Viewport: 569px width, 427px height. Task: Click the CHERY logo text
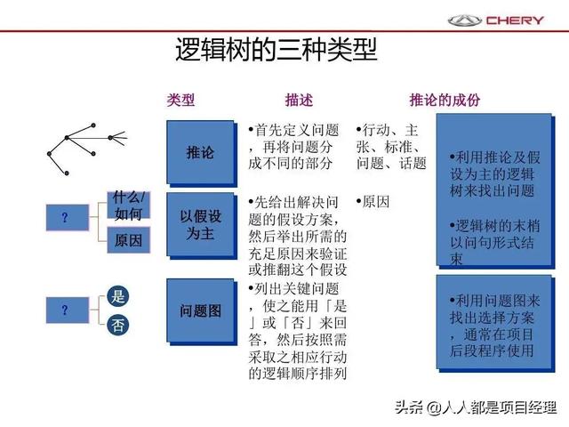[x=515, y=20]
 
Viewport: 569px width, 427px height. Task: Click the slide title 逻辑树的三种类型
[x=276, y=49]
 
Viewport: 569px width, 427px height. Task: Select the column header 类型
[x=180, y=100]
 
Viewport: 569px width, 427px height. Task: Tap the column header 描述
[x=299, y=100]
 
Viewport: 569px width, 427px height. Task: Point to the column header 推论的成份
[x=445, y=100]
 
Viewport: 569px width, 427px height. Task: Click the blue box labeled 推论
[x=200, y=152]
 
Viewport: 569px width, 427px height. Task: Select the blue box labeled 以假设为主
[x=200, y=224]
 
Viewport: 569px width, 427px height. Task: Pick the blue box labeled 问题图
[x=200, y=310]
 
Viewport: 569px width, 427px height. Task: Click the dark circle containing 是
[x=118, y=296]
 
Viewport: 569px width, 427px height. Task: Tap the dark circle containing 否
[x=118, y=325]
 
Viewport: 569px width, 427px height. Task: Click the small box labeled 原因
[x=128, y=240]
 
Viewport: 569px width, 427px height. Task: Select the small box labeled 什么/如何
[x=128, y=205]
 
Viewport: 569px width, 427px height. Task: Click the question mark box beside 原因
[x=68, y=217]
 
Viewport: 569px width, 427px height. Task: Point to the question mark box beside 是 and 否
[x=68, y=310]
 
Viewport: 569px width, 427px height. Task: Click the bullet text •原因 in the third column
[x=373, y=202]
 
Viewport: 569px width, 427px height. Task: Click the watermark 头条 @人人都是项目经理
[x=476, y=407]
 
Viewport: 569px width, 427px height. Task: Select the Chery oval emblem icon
[x=464, y=20]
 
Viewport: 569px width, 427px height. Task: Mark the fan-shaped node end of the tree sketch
[x=119, y=138]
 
